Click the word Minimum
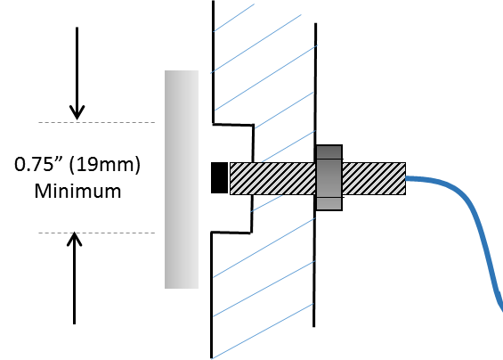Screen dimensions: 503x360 tap(77, 191)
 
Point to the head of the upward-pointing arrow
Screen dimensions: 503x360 tap(75, 239)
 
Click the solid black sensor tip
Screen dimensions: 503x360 tap(219, 178)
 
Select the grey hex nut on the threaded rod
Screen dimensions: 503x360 tap(329, 178)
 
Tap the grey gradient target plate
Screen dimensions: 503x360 tap(182, 179)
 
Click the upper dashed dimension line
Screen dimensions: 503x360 tap(96, 122)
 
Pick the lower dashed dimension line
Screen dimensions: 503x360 tap(96, 233)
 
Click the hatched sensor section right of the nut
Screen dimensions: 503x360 tap(374, 178)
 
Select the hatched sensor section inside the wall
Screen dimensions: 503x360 tap(272, 178)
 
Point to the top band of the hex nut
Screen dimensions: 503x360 tap(329, 151)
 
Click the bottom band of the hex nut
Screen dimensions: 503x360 tap(329, 203)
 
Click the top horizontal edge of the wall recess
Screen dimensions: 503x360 tap(233, 124)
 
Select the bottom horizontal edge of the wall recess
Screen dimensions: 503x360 tap(231, 233)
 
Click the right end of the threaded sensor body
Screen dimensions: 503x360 tap(406, 178)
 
